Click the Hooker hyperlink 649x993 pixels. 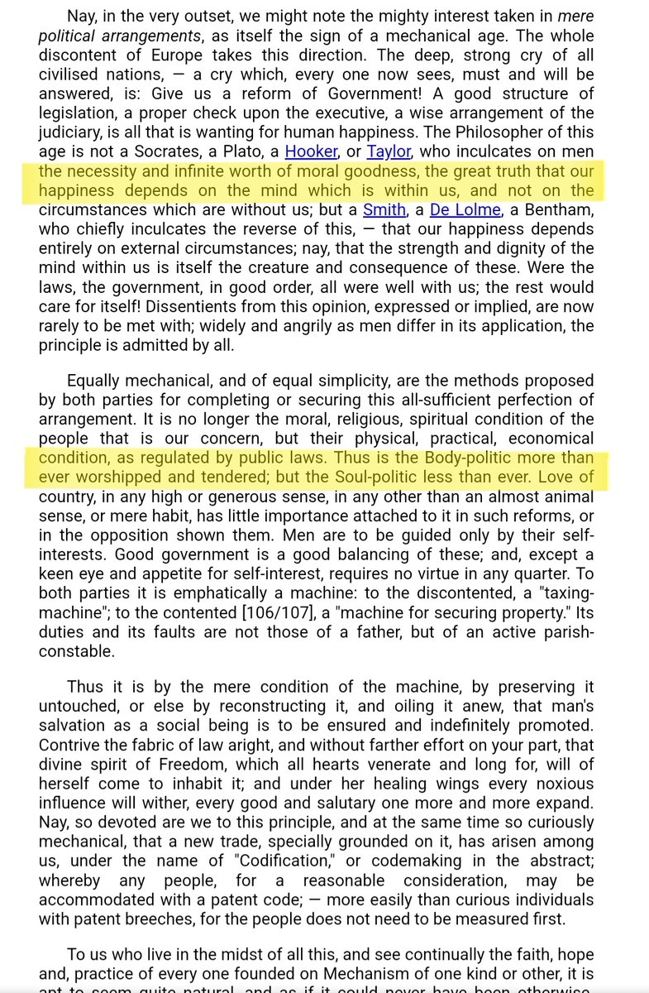click(x=311, y=151)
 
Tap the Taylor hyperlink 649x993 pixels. click(x=389, y=151)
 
